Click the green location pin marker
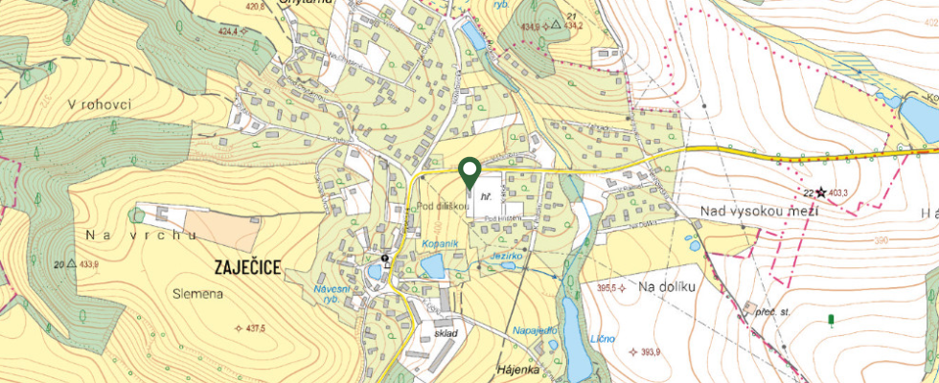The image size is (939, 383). pyautogui.click(x=469, y=171)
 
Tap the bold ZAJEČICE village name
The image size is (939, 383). pyautogui.click(x=241, y=268)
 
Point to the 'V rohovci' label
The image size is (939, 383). pyautogui.click(x=99, y=104)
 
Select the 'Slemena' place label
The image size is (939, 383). pyautogui.click(x=199, y=294)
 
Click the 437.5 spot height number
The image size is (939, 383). pyautogui.click(x=255, y=328)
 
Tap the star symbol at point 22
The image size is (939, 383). pyautogui.click(x=820, y=193)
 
